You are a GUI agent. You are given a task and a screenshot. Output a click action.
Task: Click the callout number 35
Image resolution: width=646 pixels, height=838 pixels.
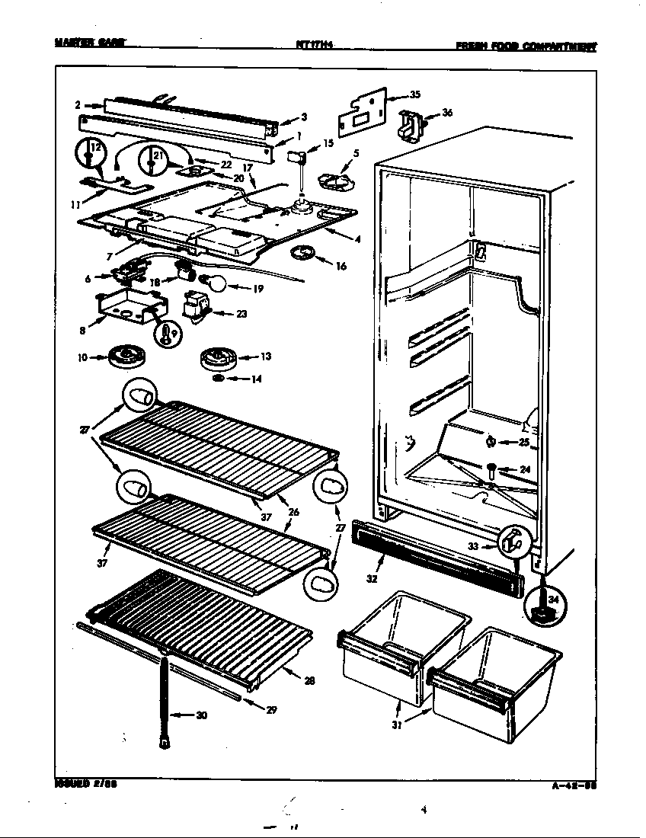tap(414, 95)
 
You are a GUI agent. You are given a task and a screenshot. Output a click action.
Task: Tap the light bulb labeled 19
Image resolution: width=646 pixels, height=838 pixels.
tap(218, 285)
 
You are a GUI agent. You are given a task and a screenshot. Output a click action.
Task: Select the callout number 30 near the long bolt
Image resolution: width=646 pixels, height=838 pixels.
tap(201, 715)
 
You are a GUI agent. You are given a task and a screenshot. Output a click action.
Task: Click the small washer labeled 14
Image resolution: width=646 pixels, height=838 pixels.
tap(217, 378)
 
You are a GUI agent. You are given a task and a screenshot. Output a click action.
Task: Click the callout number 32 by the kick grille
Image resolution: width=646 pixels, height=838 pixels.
tap(372, 578)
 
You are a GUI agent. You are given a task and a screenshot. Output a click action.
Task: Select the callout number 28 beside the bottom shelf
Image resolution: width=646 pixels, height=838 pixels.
tap(309, 681)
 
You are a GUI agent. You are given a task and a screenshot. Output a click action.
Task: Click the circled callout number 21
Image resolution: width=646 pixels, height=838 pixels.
tap(155, 157)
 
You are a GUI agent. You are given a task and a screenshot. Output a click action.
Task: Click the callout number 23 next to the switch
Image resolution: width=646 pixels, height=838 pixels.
tap(241, 313)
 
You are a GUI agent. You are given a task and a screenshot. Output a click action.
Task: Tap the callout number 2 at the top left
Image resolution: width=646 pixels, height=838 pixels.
tap(78, 104)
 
